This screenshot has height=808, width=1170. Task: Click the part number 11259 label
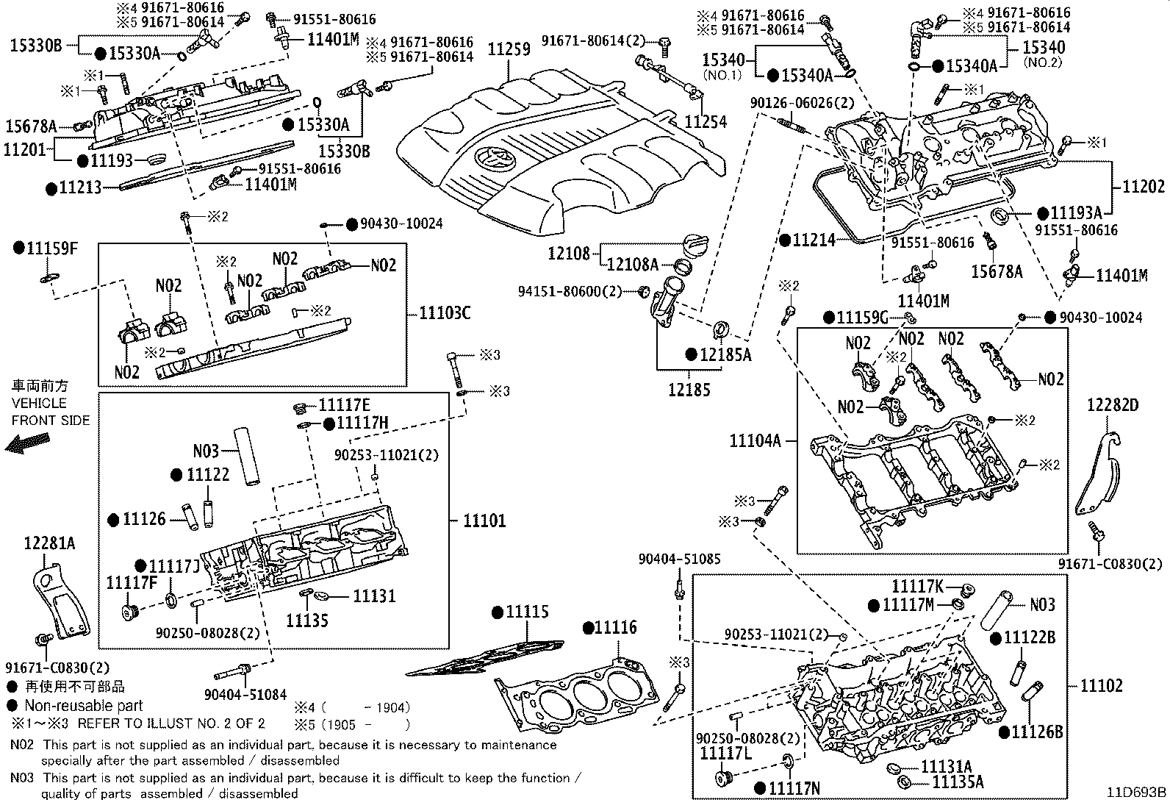coord(509,49)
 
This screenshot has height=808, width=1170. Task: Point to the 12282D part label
coord(1113,404)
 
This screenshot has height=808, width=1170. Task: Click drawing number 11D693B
coord(1138,792)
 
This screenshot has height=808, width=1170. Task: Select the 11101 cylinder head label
coord(484,521)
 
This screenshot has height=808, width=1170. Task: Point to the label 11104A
coord(755,440)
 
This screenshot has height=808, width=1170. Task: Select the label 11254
coord(706,122)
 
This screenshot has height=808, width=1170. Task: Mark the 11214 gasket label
coord(814,240)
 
